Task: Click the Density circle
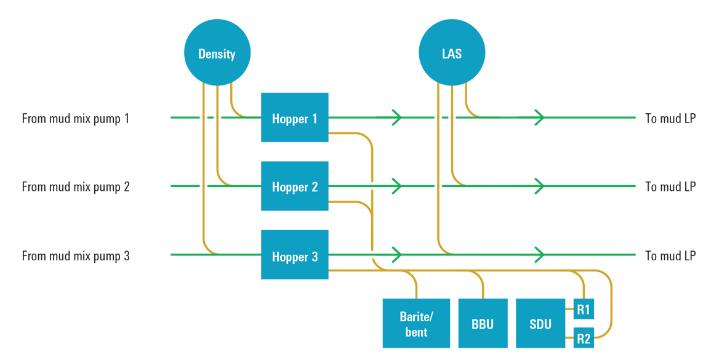pos(217,52)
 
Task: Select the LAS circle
pos(452,52)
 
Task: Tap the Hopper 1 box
pos(294,118)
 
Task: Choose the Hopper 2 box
pos(294,186)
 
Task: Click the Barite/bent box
pos(416,324)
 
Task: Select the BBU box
pos(483,324)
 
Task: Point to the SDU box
pos(540,324)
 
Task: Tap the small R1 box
pos(584,309)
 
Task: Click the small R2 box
pos(584,338)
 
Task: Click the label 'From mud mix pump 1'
pos(76,118)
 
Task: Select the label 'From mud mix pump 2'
pos(76,186)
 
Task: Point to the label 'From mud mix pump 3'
pos(76,255)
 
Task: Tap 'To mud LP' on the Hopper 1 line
pos(670,118)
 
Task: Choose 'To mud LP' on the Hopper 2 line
pos(670,186)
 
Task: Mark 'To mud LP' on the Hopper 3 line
pos(670,255)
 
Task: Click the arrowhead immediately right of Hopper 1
pos(397,117)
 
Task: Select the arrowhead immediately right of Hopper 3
pos(397,254)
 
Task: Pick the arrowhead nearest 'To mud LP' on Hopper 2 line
pos(540,185)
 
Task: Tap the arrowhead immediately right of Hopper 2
pos(397,185)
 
